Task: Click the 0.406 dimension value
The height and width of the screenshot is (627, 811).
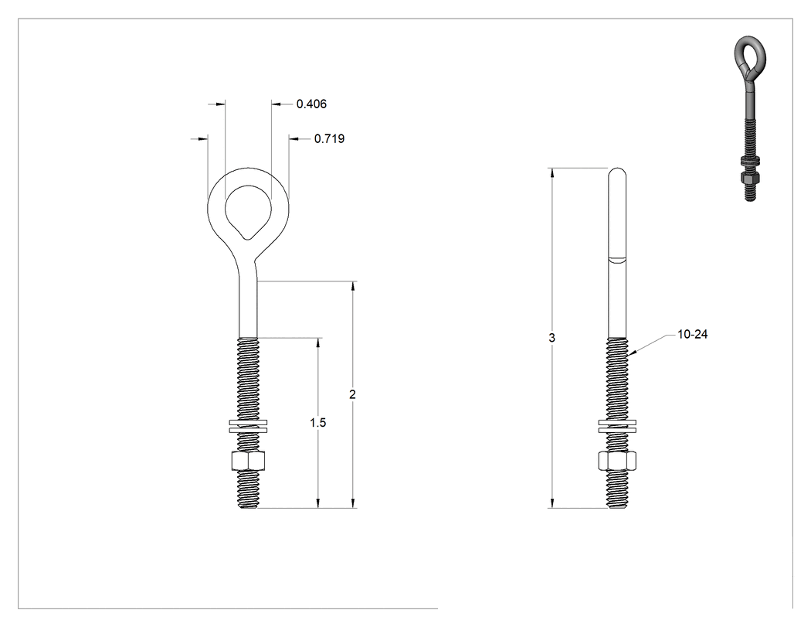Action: [311, 104]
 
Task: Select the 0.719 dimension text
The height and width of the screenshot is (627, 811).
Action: [330, 138]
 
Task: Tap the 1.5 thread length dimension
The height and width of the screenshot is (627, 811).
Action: [318, 423]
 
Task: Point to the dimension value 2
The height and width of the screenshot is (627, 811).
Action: [353, 394]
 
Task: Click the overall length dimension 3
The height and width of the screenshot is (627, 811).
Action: [552, 338]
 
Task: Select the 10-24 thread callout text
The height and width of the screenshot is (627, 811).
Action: [693, 335]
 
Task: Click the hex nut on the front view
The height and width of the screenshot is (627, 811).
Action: [248, 460]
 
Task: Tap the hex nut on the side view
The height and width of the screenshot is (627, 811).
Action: [618, 460]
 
